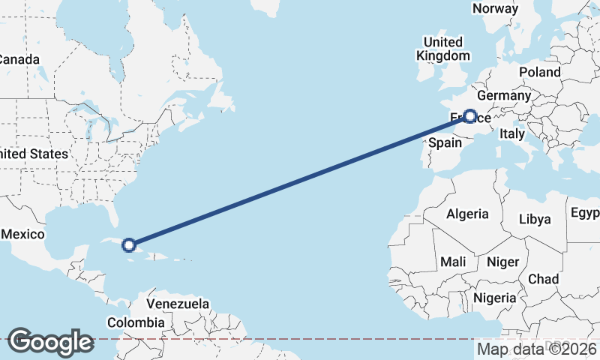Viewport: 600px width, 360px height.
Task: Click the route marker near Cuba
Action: coord(129,244)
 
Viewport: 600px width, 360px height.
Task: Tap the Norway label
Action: coord(495,8)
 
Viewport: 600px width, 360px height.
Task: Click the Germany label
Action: coord(503,96)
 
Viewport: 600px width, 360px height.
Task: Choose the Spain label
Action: coord(445,142)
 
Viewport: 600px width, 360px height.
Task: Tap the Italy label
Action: coord(512,133)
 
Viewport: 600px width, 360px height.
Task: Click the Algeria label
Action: coord(467,214)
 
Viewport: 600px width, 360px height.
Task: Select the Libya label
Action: coord(535,219)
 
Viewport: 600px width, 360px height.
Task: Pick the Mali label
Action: coord(453,262)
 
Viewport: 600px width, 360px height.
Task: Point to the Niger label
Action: coord(502,262)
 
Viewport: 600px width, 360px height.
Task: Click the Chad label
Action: coord(543,279)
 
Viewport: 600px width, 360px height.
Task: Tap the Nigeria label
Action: coord(494,298)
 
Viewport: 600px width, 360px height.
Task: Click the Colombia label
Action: coord(135,322)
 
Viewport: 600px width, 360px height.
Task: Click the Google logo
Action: coord(50,342)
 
